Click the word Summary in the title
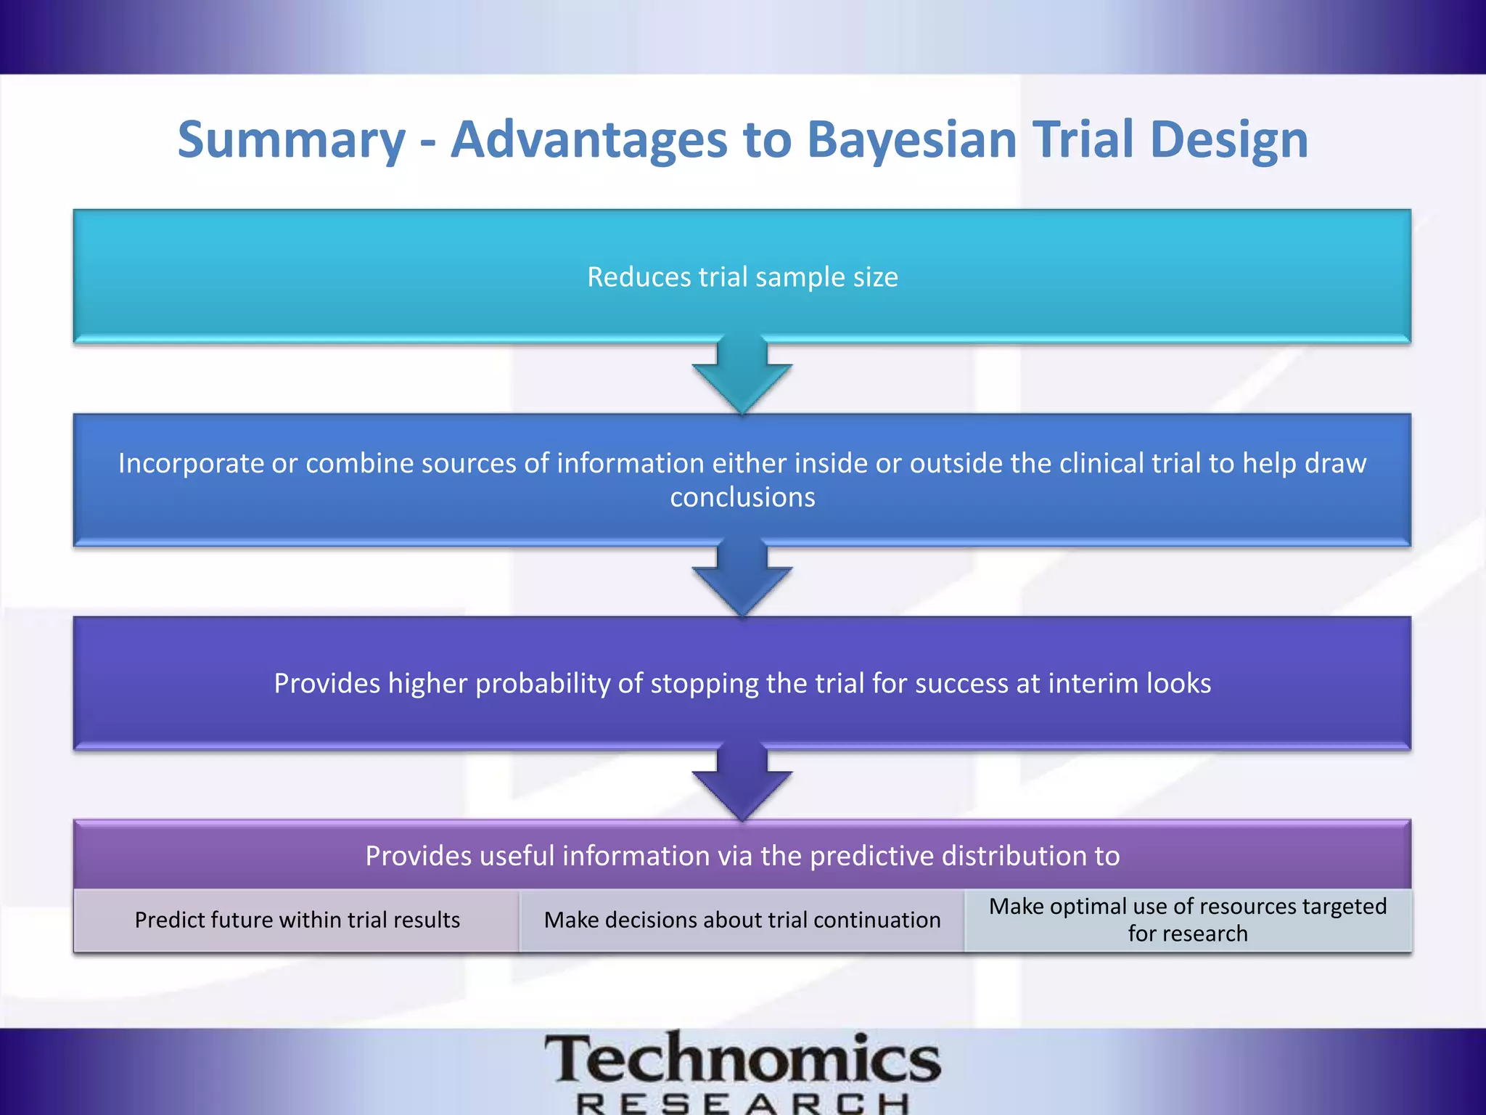[291, 141]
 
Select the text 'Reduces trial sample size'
[742, 277]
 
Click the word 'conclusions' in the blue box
[742, 498]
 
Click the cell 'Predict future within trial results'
[297, 920]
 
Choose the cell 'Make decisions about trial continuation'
[742, 920]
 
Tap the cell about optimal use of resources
[1188, 920]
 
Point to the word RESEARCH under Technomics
[742, 1103]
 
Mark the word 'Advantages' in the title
[588, 139]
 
